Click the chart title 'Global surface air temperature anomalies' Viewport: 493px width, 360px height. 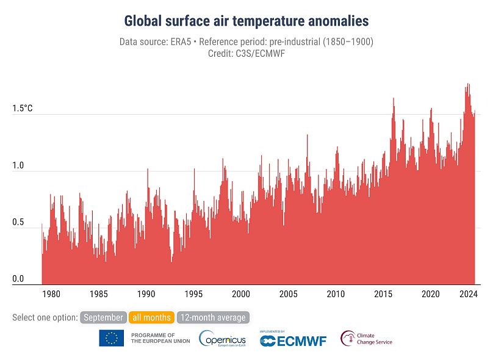(246, 21)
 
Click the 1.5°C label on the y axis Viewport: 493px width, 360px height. (22, 109)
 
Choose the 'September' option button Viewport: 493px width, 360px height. (103, 317)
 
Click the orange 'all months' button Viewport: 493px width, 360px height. (151, 317)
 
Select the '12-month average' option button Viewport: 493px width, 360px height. (213, 317)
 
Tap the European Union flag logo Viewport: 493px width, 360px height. (112, 338)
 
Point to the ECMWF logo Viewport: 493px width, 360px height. (293, 339)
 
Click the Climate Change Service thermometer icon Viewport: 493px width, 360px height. (348, 338)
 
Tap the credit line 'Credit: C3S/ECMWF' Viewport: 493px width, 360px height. (246, 53)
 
